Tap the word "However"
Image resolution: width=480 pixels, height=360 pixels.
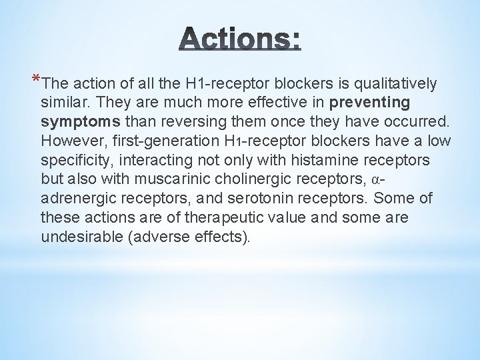[67, 141]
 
